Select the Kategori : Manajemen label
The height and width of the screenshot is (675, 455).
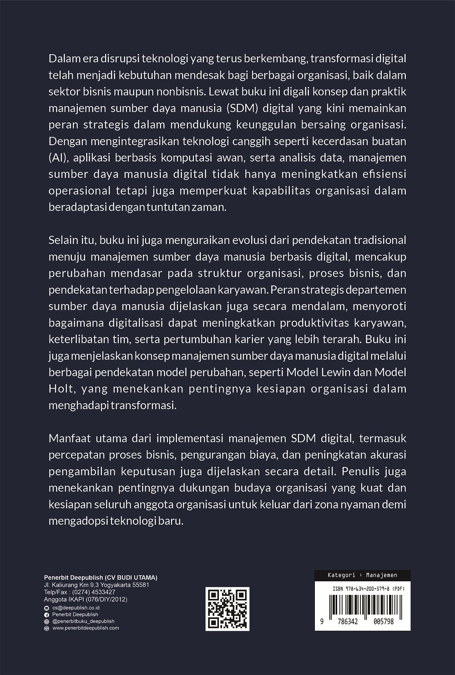(x=363, y=575)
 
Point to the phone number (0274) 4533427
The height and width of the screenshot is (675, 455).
(x=96, y=592)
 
